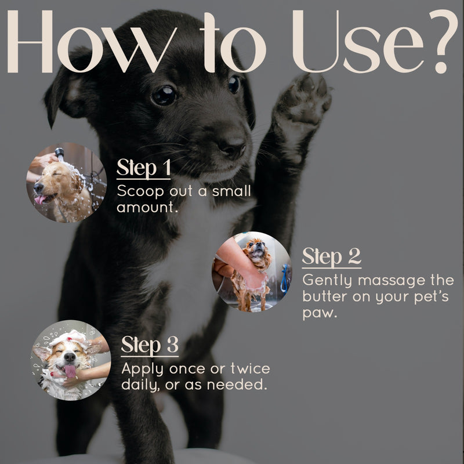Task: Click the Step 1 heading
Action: pos(143,169)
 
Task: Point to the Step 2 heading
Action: pos(331,257)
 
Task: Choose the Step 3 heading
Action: pos(149,346)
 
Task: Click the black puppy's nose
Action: pos(233,147)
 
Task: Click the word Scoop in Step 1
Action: pos(139,191)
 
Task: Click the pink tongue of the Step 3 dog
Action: pos(70,371)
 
